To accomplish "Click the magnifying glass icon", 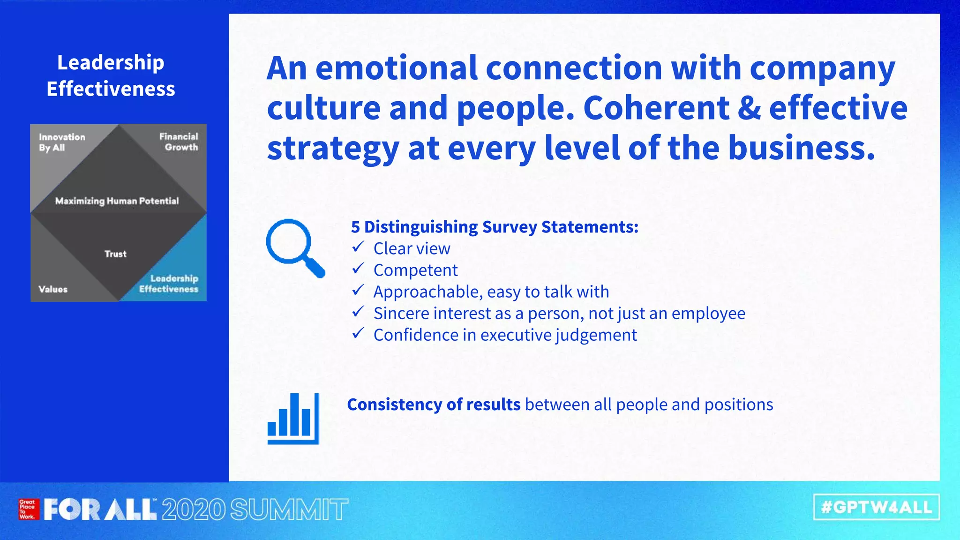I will click(x=294, y=247).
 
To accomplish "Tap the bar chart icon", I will click(x=293, y=419).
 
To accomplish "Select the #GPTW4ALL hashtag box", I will click(x=876, y=507).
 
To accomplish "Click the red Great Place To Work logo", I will click(x=27, y=510).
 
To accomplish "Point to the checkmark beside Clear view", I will click(x=358, y=247).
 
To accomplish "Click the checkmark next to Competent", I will click(x=358, y=269).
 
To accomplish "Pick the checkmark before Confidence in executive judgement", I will click(x=358, y=333).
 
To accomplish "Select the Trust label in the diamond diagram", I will click(x=115, y=254).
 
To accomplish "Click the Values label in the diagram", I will click(x=53, y=289).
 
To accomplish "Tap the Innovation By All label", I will click(x=62, y=142).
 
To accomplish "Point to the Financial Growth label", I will click(x=179, y=142).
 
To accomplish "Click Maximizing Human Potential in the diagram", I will click(x=117, y=201).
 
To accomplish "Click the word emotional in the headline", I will click(x=396, y=68).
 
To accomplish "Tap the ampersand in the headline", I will click(x=749, y=108).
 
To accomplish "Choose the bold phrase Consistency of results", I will click(x=434, y=404).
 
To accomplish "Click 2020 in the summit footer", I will click(x=194, y=510).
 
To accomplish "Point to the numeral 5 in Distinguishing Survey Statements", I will click(x=356, y=227).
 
